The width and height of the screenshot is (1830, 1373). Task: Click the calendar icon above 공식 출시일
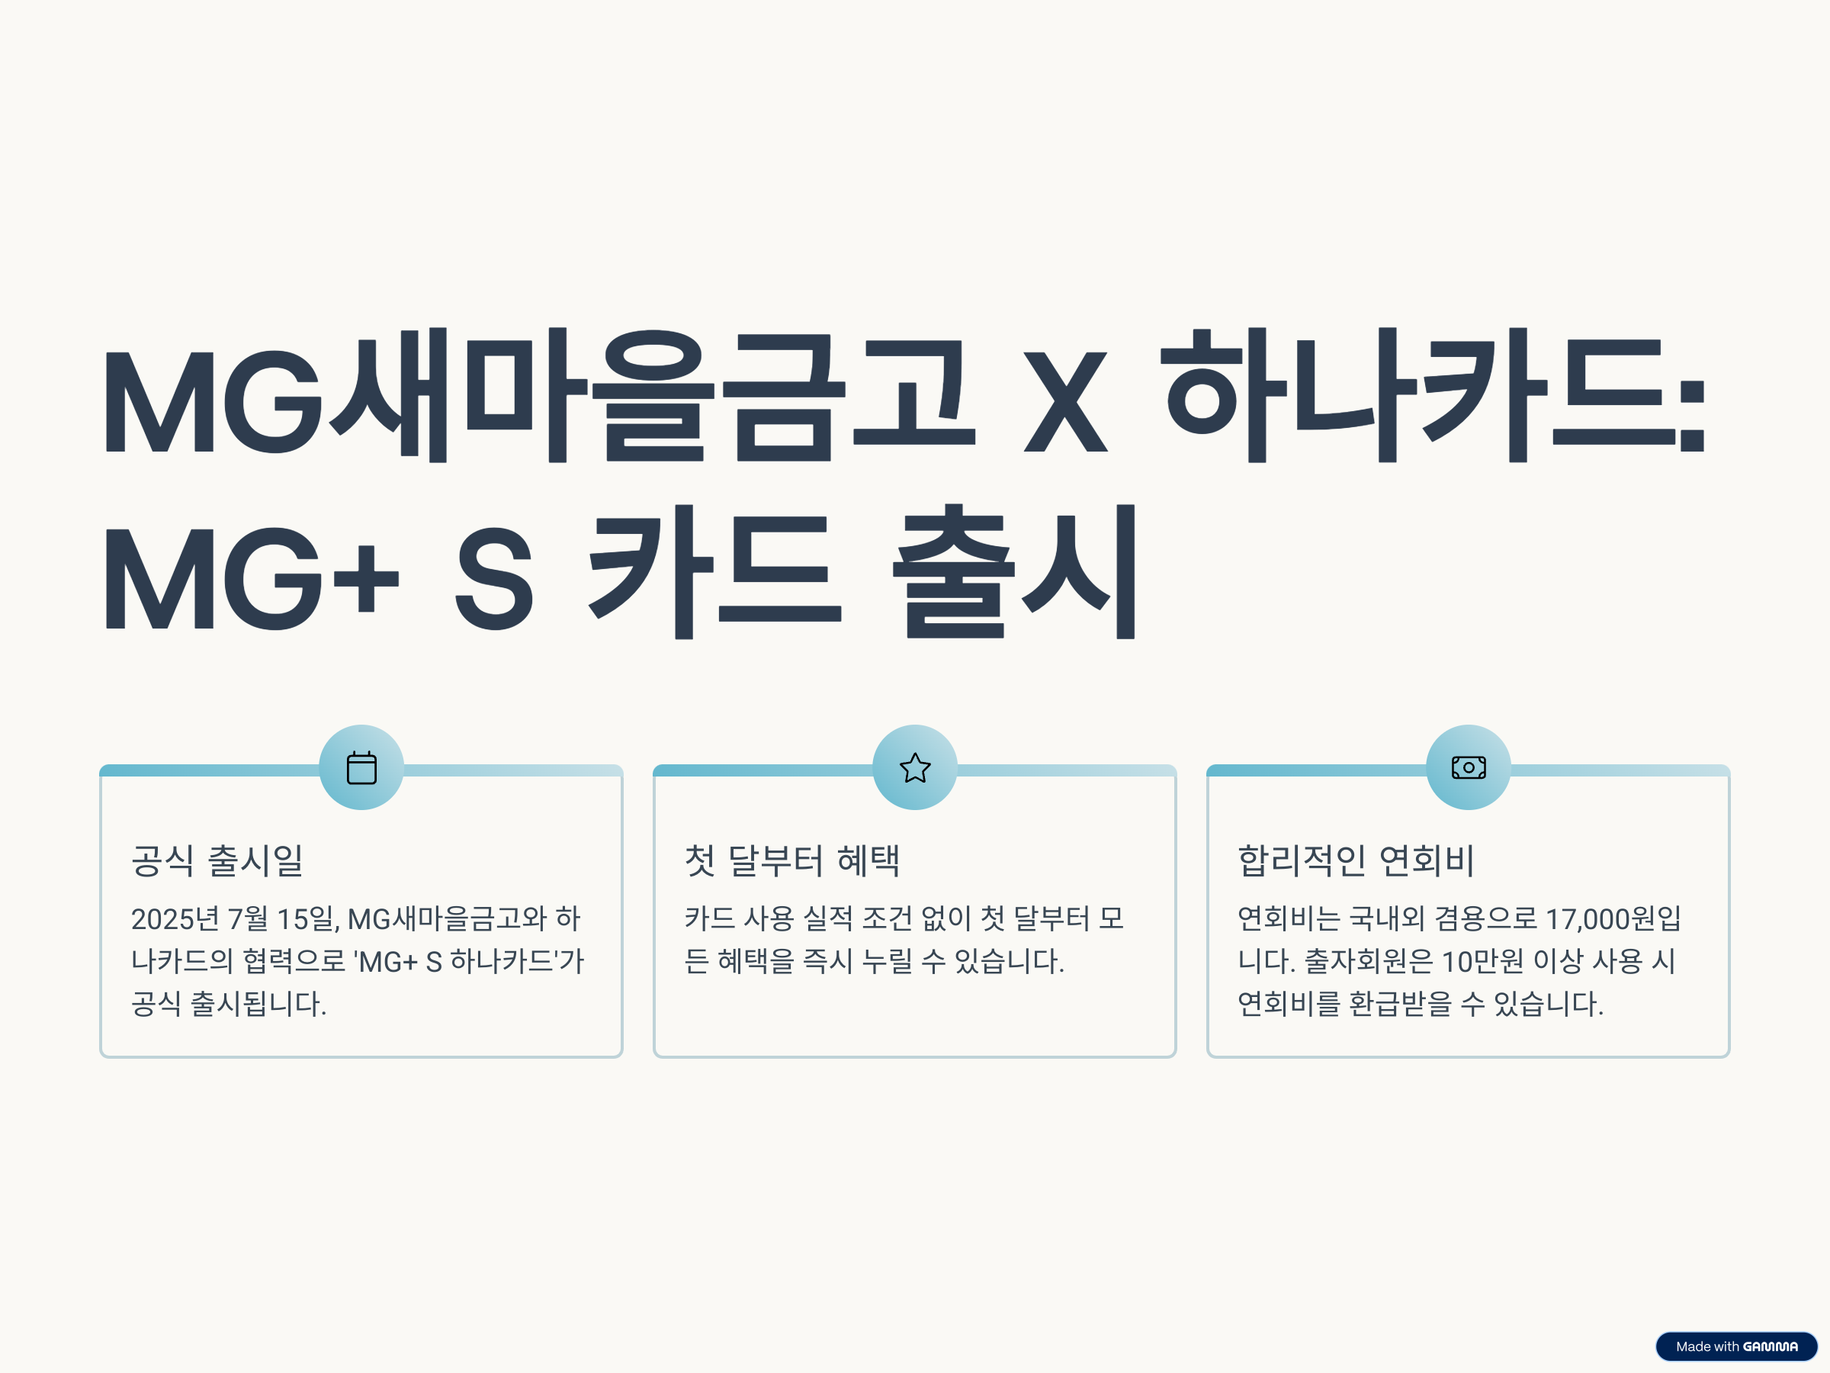361,767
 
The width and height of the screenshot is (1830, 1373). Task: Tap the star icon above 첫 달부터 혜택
915,767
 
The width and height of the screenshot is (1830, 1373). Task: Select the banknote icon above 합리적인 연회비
1469,767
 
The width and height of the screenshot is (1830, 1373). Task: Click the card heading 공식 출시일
217,860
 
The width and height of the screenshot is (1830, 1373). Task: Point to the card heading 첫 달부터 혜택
791,860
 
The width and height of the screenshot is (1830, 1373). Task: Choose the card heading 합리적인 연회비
1356,860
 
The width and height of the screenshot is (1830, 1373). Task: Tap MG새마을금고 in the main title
538,396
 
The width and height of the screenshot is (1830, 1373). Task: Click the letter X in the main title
1065,402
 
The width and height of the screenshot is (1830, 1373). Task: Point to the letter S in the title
494,579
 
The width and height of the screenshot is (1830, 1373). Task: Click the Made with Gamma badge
1735,1346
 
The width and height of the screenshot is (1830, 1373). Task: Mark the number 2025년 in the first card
175,918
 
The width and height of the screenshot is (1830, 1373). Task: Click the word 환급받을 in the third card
1401,1004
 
